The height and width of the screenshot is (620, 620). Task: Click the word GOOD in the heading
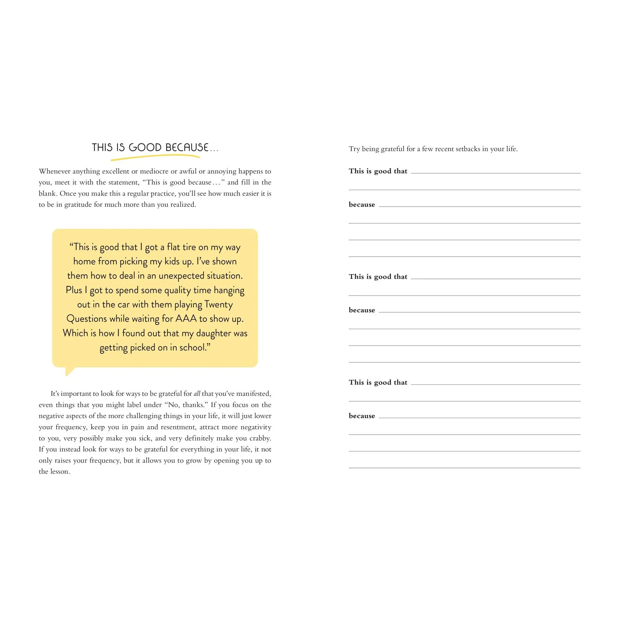tap(145, 147)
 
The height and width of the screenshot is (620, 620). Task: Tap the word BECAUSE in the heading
tap(187, 147)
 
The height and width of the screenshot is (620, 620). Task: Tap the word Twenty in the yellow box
tap(218, 304)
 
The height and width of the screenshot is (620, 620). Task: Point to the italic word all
tap(197, 394)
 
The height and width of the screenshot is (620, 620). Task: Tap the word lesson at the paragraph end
tap(60, 472)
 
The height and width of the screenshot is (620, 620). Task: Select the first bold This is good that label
tap(378, 171)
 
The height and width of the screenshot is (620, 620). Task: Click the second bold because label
tap(362, 310)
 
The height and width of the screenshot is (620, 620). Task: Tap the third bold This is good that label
tap(378, 382)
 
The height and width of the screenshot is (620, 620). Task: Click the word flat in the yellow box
tap(173, 247)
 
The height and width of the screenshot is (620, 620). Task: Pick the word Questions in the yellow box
tap(86, 319)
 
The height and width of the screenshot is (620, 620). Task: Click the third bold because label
tap(362, 416)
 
